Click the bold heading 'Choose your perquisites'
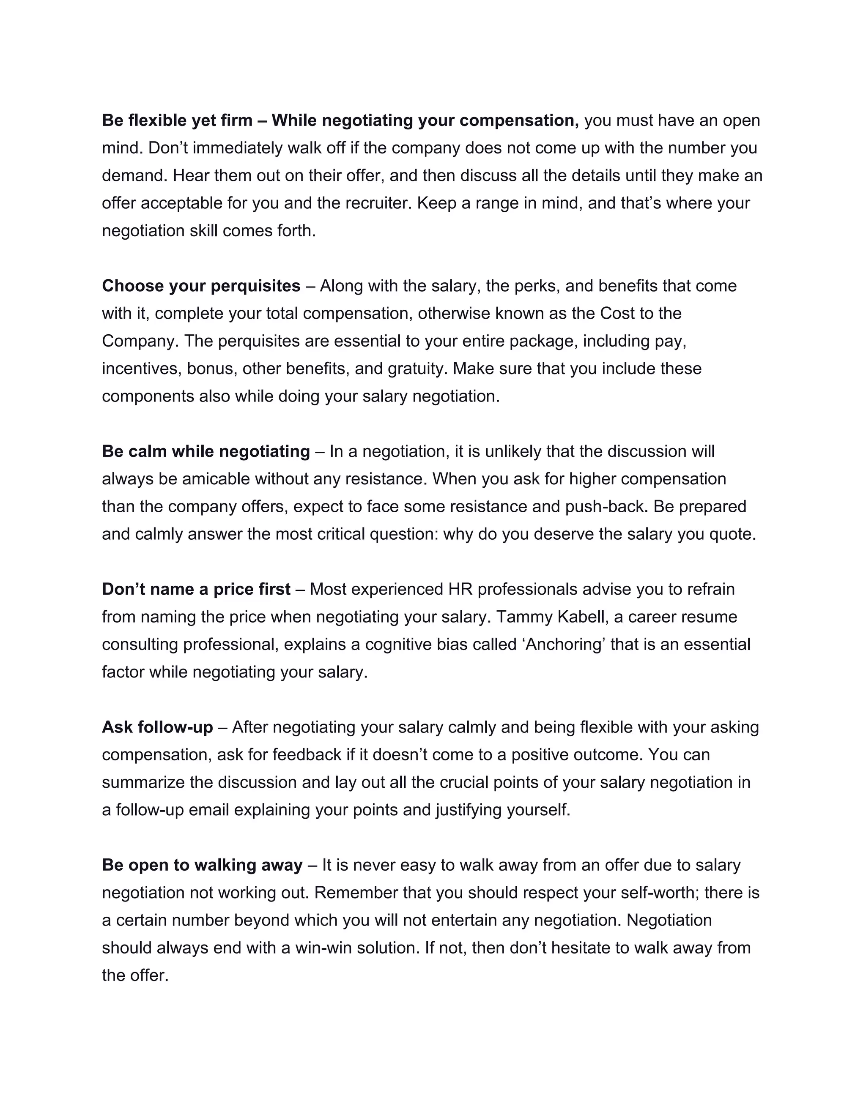[201, 286]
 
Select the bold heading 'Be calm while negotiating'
[206, 451]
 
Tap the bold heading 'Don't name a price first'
[196, 589]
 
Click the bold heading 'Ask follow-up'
[157, 727]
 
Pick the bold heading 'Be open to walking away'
[202, 865]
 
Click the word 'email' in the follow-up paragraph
[209, 810]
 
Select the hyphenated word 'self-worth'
[660, 893]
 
